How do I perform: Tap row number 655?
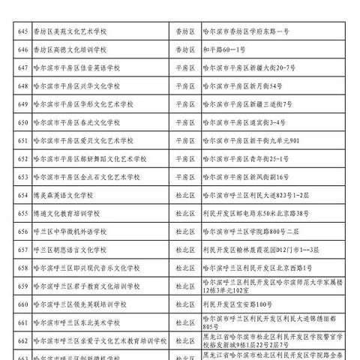coord(23,214)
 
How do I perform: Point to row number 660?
coord(23,304)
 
